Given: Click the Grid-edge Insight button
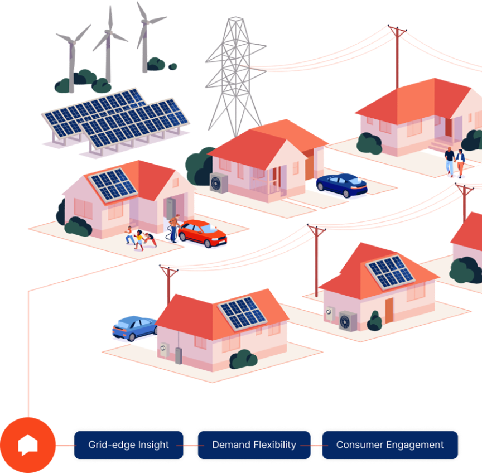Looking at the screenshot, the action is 128,445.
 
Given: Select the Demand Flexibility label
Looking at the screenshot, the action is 254,445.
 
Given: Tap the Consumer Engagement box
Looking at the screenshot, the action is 390,445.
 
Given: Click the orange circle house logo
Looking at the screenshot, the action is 28,445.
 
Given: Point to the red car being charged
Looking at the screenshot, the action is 203,233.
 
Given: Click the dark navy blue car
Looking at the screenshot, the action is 342,185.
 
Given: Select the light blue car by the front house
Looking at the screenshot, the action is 135,328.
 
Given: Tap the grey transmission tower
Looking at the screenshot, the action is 236,77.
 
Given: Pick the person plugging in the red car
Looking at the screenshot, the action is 174,228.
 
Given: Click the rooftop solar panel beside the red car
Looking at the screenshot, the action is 113,185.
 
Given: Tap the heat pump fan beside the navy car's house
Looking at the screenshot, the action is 219,183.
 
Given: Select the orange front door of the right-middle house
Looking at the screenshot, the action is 389,311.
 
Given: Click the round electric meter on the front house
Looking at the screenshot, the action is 163,349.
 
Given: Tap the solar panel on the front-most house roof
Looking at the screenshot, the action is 242,313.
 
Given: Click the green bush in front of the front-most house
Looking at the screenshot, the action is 243,359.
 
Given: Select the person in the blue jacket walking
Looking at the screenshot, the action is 460,163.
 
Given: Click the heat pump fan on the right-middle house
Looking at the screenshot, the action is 348,321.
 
